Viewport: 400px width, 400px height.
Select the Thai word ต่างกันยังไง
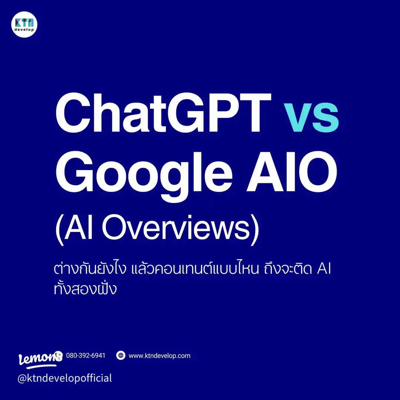pyautogui.click(x=90, y=270)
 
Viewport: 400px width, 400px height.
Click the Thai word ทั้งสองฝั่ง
pyautogui.click(x=86, y=289)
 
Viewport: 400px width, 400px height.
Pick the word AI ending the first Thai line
pyautogui.click(x=324, y=270)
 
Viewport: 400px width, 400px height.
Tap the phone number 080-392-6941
pyautogui.click(x=86, y=356)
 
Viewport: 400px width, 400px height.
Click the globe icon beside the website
pyautogui.click(x=121, y=356)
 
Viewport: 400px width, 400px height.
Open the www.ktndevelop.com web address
pyautogui.click(x=159, y=356)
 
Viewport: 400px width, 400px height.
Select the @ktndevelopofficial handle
pyautogui.click(x=65, y=378)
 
